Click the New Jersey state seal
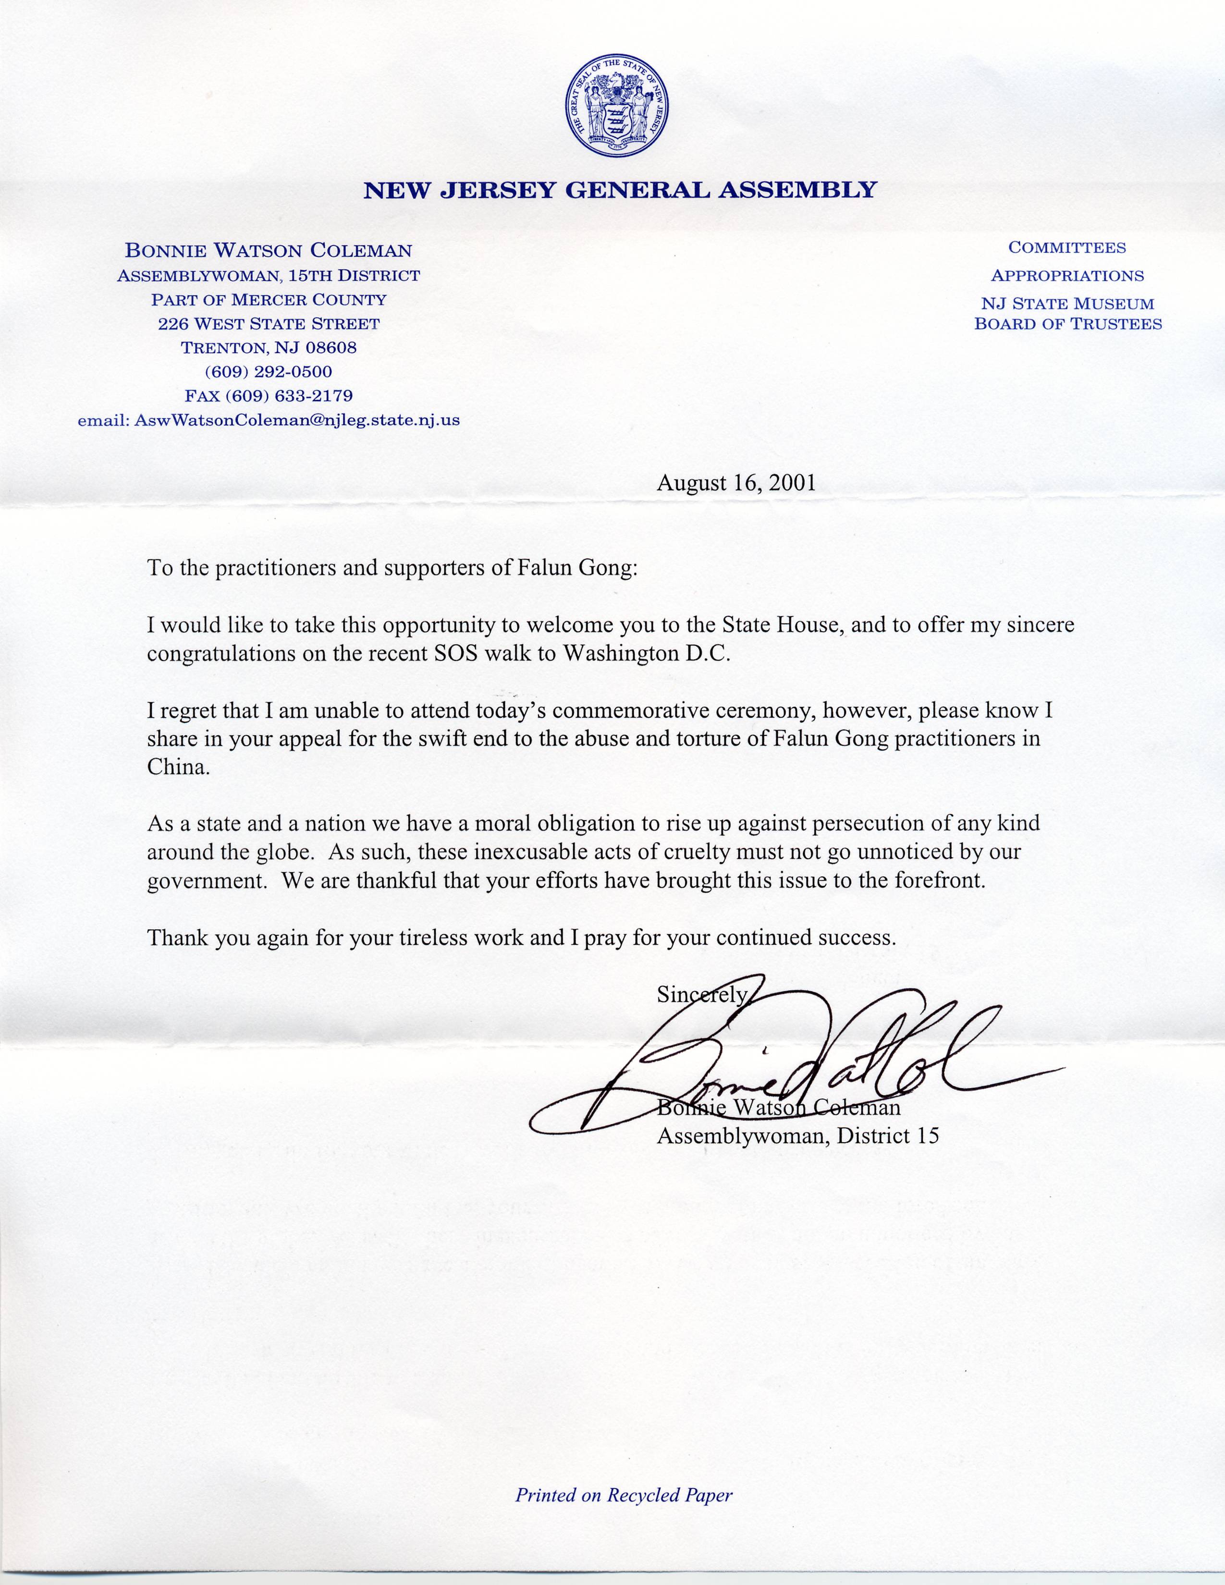pyautogui.click(x=616, y=106)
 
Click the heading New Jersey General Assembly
pyautogui.click(x=620, y=190)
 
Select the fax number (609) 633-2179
pyautogui.click(x=269, y=395)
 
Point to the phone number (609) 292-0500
pyautogui.click(x=269, y=372)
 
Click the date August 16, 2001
pyautogui.click(x=736, y=483)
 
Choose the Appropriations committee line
pyautogui.click(x=1067, y=276)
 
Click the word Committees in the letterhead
pyautogui.click(x=1067, y=247)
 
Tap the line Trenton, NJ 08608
pyautogui.click(x=269, y=348)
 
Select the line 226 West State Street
pyautogui.click(x=269, y=324)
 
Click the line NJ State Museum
pyautogui.click(x=1067, y=304)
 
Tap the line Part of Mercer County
pyautogui.click(x=269, y=299)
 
